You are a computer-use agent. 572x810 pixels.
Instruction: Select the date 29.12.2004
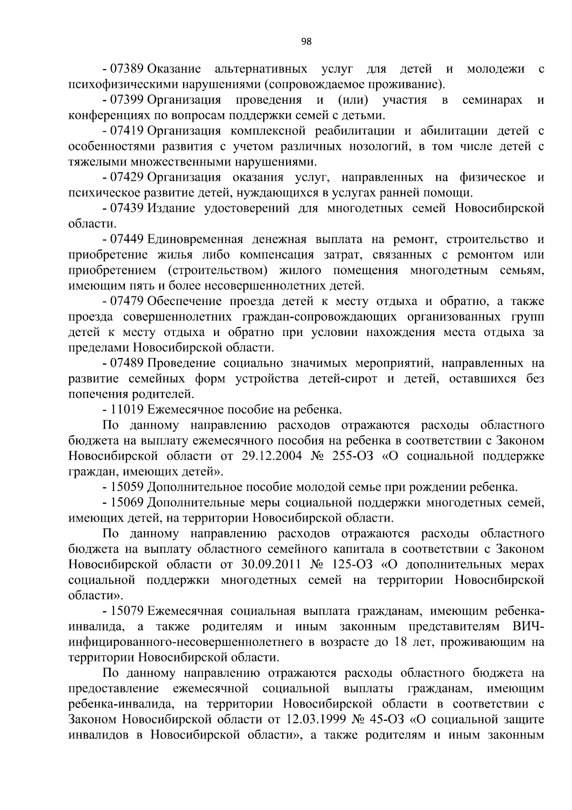coord(268,456)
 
